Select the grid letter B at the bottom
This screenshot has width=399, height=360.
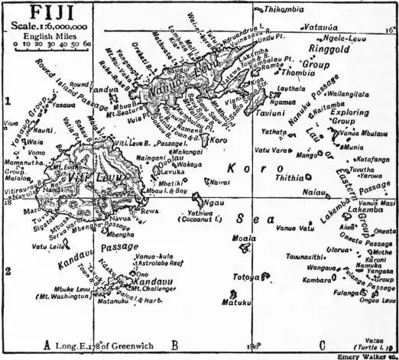pos(174,345)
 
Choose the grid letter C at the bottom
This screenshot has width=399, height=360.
pos(322,345)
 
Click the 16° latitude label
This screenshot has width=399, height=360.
pos(389,31)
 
